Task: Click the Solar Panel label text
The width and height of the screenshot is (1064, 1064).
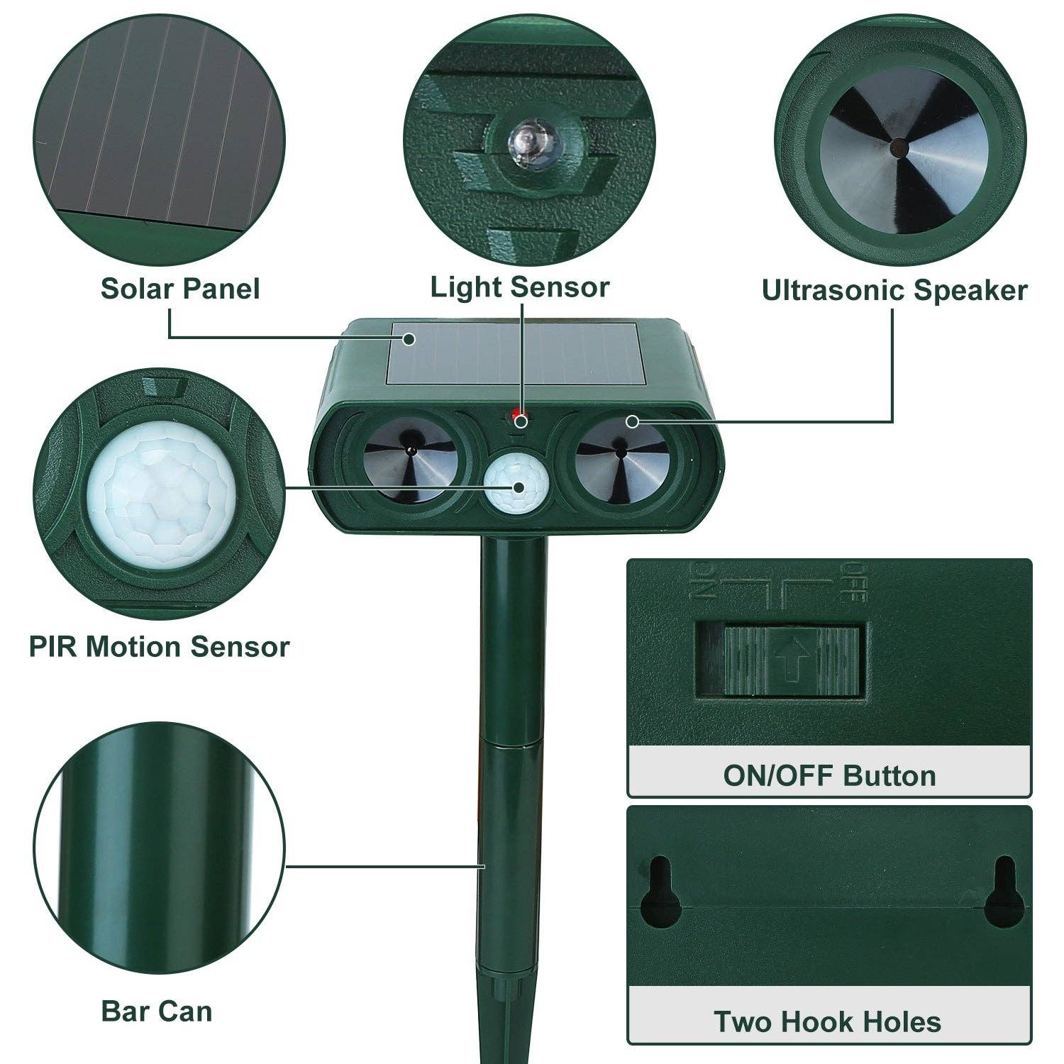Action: click(x=180, y=289)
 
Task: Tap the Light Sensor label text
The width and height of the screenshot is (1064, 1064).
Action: click(x=520, y=287)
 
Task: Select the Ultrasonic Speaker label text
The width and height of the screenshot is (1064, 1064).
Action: click(x=894, y=290)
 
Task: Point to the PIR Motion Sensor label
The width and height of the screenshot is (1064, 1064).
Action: click(x=160, y=647)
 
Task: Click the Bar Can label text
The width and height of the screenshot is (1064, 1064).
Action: click(x=157, y=1010)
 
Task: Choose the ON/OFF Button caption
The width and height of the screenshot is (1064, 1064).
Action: click(x=829, y=775)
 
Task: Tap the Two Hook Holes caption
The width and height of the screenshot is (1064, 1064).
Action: click(x=827, y=1021)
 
